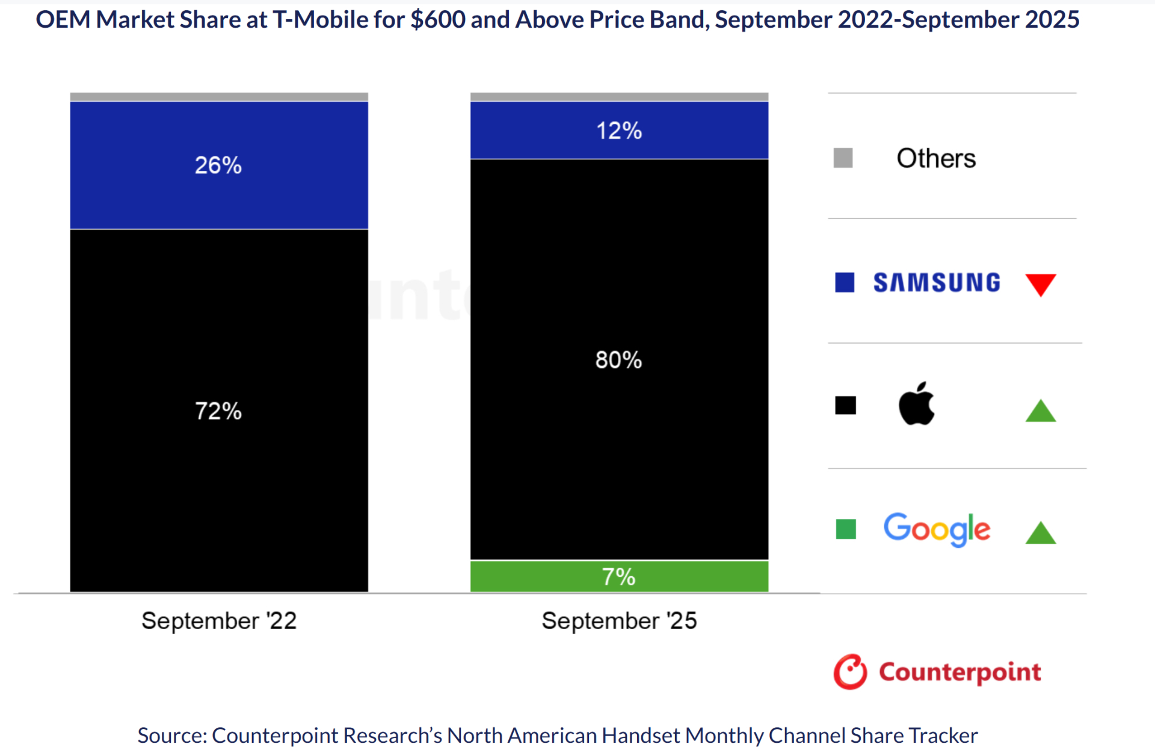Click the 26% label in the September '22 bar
coord(218,165)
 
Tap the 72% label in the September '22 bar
coord(218,411)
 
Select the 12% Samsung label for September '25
coord(618,131)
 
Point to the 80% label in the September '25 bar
coord(618,360)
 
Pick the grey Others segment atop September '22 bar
coord(219,97)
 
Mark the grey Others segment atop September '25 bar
coord(619,97)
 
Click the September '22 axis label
coord(219,621)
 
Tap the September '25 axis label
coord(619,621)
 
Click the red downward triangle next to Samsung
coord(1040,283)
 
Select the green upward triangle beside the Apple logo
coord(1040,412)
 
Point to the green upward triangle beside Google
coord(1040,533)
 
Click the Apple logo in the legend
coord(916,404)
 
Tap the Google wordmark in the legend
coord(936,529)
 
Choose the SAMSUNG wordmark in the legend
coord(937,283)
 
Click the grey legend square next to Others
coord(843,158)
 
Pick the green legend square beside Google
coord(846,529)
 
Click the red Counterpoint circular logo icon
coord(850,672)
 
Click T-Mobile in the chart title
coord(320,20)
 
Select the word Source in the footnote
coord(171,736)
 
